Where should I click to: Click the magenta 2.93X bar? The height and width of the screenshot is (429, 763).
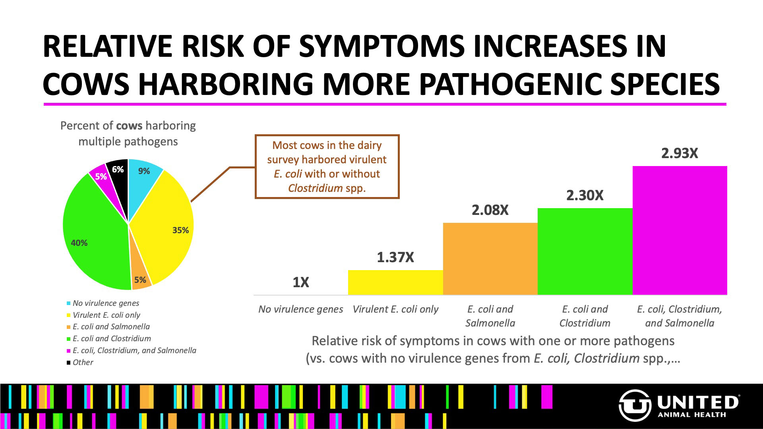(x=680, y=230)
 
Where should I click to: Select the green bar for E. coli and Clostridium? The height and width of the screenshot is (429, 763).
(x=585, y=251)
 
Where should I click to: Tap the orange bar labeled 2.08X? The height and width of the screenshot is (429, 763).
(x=490, y=259)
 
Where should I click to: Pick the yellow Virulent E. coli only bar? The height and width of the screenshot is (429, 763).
(x=395, y=282)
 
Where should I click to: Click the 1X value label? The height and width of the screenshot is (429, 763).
(x=301, y=282)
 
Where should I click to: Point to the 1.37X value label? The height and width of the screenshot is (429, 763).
(x=395, y=257)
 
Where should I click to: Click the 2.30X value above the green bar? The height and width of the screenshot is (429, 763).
(x=585, y=195)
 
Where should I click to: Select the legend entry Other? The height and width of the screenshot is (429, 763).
(x=83, y=362)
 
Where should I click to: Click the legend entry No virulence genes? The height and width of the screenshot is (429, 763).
(x=106, y=303)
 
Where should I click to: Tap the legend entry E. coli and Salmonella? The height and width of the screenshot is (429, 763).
(x=111, y=327)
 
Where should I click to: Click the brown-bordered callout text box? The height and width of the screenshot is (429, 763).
(x=327, y=166)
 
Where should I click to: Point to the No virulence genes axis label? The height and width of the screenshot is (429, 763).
(x=300, y=309)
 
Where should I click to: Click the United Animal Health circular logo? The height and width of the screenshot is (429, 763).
(x=635, y=405)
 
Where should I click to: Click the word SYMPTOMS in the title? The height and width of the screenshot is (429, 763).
(x=381, y=46)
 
